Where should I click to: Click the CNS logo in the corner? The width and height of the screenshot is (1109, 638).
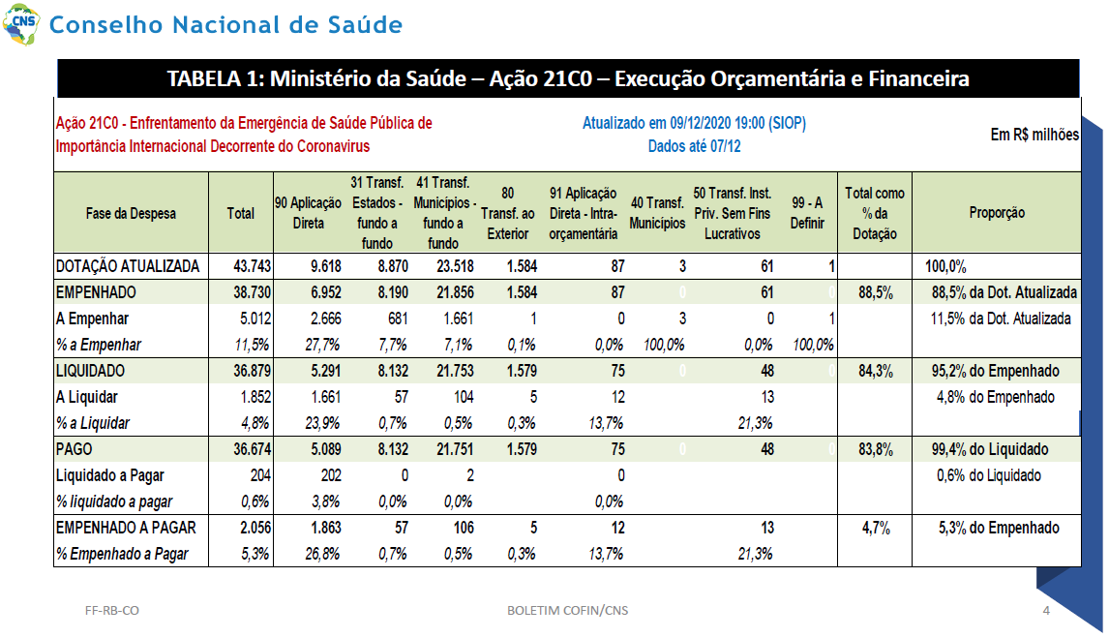coord(21,24)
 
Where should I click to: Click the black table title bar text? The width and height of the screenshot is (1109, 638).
coord(568,78)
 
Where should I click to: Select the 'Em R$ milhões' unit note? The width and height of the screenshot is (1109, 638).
coord(1034,135)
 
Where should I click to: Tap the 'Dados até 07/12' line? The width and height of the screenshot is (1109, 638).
coord(695,146)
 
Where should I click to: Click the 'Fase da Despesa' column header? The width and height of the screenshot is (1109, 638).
coord(131,214)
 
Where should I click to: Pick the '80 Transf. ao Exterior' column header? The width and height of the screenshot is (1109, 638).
coord(508,213)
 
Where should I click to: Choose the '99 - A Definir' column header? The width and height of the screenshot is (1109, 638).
coord(808,213)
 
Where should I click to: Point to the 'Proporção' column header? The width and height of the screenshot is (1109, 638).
coord(997,213)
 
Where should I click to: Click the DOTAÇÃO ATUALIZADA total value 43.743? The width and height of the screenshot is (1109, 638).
coord(253,266)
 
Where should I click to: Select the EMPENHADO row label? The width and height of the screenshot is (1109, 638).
coord(96,292)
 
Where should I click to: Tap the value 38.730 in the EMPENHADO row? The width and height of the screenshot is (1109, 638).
coord(253,292)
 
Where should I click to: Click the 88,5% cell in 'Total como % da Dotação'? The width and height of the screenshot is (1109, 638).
coord(876,292)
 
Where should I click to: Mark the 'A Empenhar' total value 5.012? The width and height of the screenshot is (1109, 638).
coord(255,319)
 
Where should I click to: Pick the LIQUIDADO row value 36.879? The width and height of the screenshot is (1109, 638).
coord(253,372)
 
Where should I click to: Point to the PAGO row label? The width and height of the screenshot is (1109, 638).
coord(75,450)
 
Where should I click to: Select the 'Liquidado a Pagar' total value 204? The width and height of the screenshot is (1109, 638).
coord(260,476)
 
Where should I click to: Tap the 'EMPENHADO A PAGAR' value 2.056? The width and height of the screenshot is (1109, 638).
coord(255,529)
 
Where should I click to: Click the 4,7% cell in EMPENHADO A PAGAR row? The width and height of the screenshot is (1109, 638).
coord(876,529)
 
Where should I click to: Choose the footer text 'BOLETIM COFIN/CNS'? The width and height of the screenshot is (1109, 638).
coord(567,611)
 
